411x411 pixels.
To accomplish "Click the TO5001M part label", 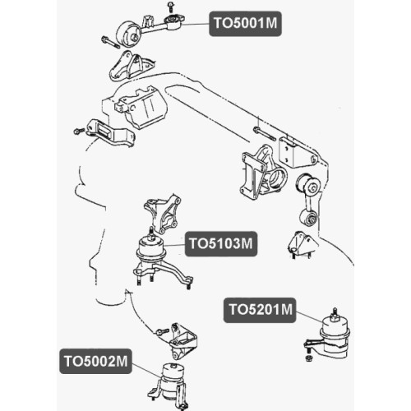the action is pyautogui.click(x=245, y=24).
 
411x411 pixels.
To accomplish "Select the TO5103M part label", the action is pyautogui.click(x=221, y=243).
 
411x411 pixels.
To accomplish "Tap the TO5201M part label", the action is pyautogui.click(x=260, y=310).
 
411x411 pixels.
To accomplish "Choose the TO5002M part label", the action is pyautogui.click(x=95, y=361).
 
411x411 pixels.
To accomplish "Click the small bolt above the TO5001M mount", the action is pyautogui.click(x=171, y=6).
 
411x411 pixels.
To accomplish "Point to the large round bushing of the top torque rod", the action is pyautogui.click(x=128, y=35).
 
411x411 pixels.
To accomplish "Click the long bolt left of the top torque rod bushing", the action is pyautogui.click(x=110, y=42).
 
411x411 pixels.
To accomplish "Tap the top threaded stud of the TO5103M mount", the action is pyautogui.click(x=150, y=233).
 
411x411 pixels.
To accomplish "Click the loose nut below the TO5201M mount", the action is pyautogui.click(x=308, y=358).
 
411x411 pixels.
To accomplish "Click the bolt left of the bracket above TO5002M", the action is pyautogui.click(x=162, y=332).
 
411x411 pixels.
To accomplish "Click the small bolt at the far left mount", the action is pyautogui.click(x=80, y=132).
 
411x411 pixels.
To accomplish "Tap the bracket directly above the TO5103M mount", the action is pyautogui.click(x=163, y=214).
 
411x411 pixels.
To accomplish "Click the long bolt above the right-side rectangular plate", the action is pyautogui.click(x=265, y=133).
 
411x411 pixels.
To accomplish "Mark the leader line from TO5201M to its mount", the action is pyautogui.click(x=311, y=317).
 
